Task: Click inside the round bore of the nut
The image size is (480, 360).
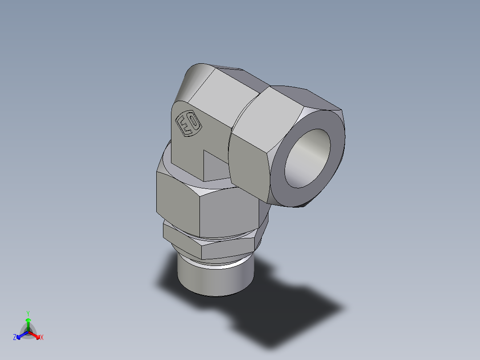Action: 308,159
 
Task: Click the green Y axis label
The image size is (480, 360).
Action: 28,313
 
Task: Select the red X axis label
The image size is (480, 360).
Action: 42,338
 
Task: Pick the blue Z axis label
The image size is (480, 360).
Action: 15,338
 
